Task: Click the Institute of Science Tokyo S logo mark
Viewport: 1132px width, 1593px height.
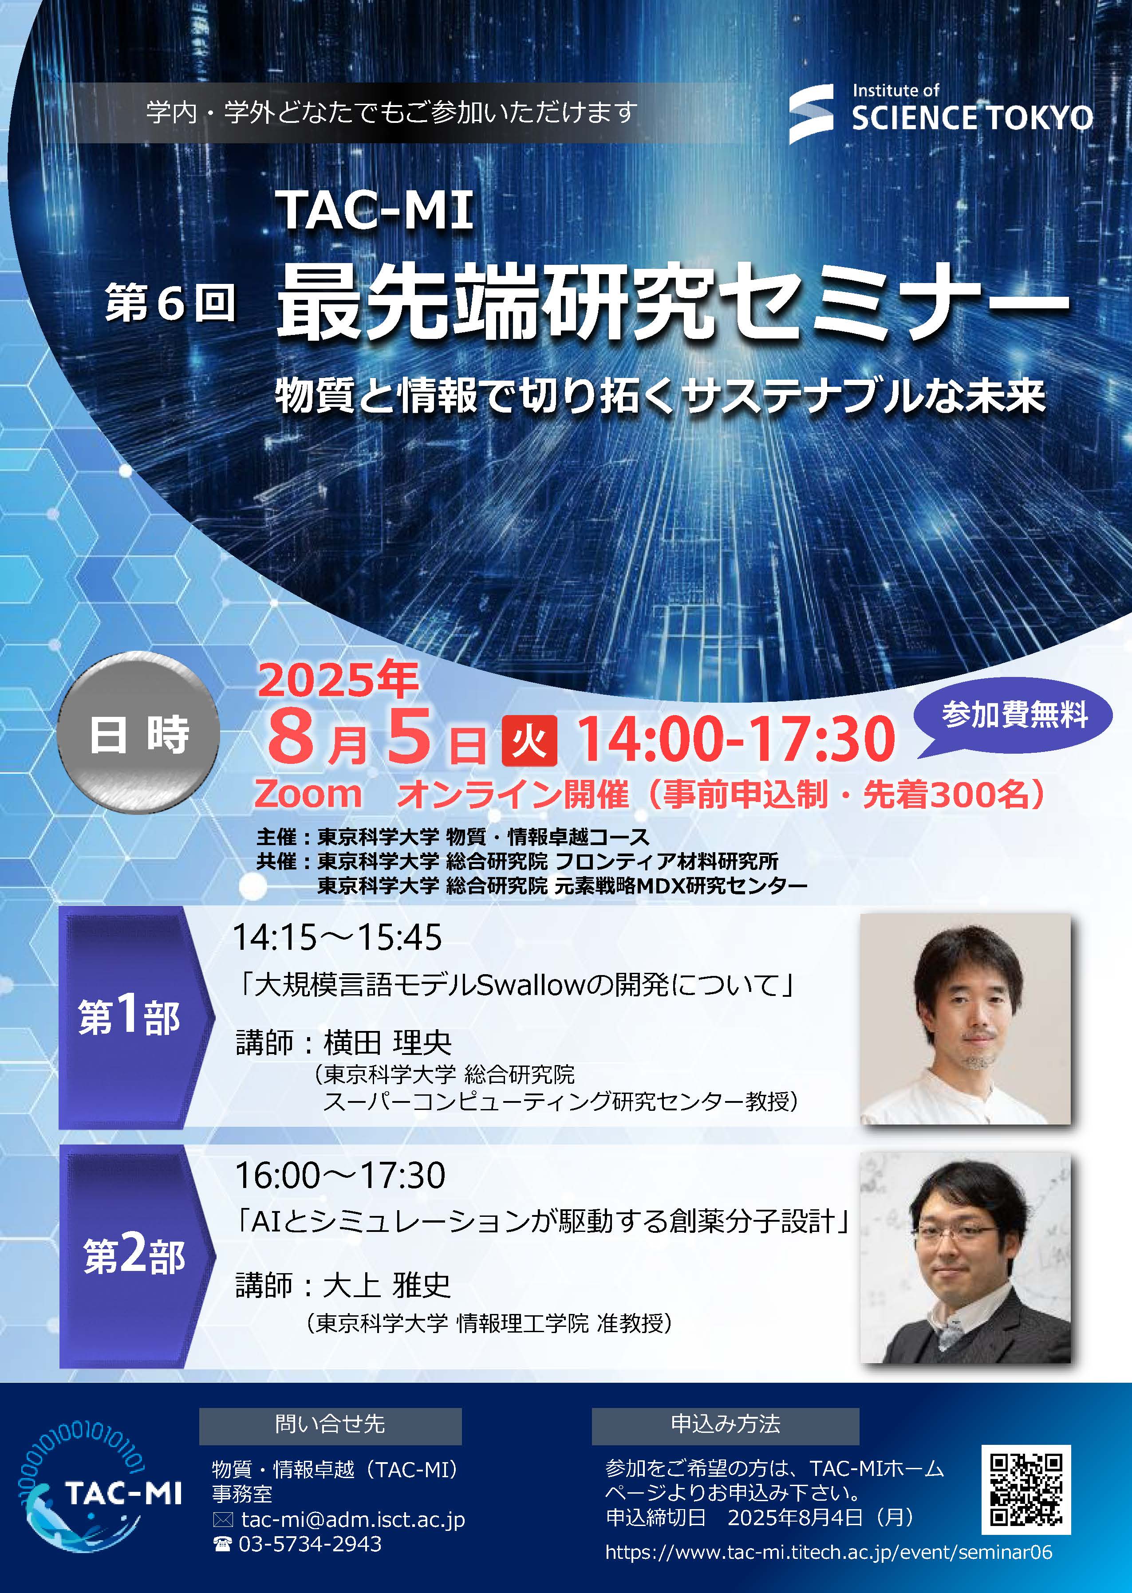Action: coord(811,114)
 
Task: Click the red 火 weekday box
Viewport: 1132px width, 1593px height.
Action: coord(529,740)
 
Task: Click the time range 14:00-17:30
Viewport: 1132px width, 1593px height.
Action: coord(736,739)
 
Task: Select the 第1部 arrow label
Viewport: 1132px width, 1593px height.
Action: coord(132,1017)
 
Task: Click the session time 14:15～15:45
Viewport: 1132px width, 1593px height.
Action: coord(337,938)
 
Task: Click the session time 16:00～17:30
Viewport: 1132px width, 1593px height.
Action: coord(340,1176)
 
